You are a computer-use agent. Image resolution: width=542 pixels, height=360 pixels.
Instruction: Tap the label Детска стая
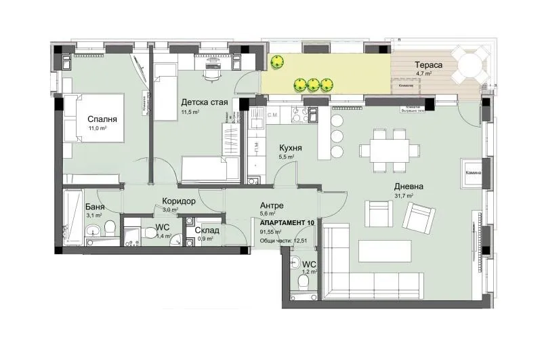coord(203,102)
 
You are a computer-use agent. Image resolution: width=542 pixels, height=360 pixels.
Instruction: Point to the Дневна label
coord(410,186)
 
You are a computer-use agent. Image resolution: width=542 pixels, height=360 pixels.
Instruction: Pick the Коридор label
coord(179,201)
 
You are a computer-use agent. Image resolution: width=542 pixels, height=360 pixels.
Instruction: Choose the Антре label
coord(271,205)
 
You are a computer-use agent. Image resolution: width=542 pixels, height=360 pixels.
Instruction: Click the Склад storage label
coord(207,230)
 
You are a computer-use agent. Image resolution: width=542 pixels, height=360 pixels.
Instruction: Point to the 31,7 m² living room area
coord(405,195)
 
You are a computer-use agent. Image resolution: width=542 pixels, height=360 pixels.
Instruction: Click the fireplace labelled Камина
coord(473,172)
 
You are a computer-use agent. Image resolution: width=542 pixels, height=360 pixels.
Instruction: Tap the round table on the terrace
coord(469,66)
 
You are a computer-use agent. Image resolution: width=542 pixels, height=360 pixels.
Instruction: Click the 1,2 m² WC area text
coord(308,272)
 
